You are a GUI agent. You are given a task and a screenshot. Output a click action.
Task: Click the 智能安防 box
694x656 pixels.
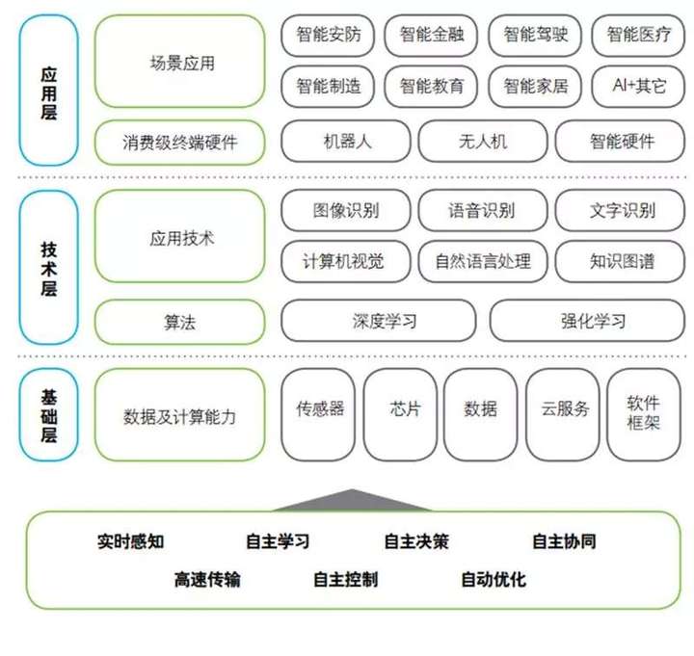click(x=328, y=36)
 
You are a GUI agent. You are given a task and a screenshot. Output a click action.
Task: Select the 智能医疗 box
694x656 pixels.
click(x=638, y=36)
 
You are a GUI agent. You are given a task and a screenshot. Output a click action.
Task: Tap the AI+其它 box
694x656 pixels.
click(x=638, y=87)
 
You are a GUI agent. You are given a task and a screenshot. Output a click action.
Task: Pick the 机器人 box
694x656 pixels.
click(x=346, y=142)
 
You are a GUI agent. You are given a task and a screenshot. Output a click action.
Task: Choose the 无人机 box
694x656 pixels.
click(x=483, y=142)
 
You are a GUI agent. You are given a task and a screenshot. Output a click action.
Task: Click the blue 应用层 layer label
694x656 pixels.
click(x=49, y=91)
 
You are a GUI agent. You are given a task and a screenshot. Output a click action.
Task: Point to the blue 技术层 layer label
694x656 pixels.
click(x=49, y=268)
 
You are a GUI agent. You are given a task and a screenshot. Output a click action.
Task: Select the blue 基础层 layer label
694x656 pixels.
click(x=49, y=415)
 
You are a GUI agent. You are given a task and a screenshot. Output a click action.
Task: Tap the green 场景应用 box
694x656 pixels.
click(x=180, y=61)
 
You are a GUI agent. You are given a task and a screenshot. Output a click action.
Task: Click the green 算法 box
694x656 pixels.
click(x=180, y=322)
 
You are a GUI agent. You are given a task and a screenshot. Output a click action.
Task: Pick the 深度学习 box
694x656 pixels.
click(x=379, y=321)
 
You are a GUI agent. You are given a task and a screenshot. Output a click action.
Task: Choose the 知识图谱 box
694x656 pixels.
click(x=620, y=261)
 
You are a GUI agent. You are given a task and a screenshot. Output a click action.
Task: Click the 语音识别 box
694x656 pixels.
click(x=483, y=211)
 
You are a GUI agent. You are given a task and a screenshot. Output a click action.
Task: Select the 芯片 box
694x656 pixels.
click(x=400, y=415)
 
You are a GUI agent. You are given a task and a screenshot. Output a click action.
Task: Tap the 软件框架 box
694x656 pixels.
click(x=644, y=415)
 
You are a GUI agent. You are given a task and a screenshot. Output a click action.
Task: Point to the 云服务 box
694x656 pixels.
click(x=563, y=415)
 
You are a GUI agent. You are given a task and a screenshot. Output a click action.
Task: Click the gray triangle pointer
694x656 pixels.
click(x=353, y=500)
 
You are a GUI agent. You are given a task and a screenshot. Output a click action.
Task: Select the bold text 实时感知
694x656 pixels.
click(x=130, y=541)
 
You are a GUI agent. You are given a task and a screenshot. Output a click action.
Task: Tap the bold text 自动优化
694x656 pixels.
click(x=494, y=580)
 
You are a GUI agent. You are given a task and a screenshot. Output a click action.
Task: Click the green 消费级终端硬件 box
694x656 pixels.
click(x=180, y=143)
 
